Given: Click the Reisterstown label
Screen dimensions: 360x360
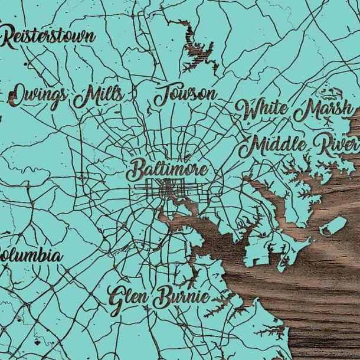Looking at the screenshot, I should (x=48, y=38).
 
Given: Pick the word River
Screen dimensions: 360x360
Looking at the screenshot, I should (x=336, y=145).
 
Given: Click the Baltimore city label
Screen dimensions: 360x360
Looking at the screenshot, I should (x=168, y=171).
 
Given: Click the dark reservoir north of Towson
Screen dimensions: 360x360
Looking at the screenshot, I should (x=195, y=47).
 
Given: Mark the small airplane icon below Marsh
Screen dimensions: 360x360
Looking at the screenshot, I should (x=326, y=121).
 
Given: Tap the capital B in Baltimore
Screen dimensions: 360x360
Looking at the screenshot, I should (x=136, y=171).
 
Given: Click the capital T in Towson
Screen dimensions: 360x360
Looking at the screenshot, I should (x=162, y=96).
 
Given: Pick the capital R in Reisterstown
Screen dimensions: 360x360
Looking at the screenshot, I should (x=10, y=38).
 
